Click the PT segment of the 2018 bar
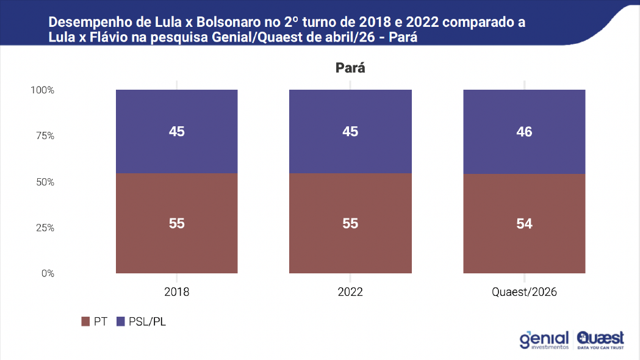[177, 223]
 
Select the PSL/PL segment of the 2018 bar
[177, 131]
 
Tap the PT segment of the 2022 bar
[350, 223]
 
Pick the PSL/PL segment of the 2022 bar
[350, 131]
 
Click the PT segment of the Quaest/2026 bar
[524, 224]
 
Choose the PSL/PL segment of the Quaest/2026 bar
[524, 132]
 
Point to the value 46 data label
[524, 132]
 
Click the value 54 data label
[524, 224]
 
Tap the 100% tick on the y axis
[43, 90]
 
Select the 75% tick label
[45, 136]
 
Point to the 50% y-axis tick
[45, 182]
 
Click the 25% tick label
[45, 228]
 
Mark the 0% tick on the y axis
[48, 273]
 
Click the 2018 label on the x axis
[177, 292]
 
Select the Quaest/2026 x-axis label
[524, 292]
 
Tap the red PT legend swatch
[85, 322]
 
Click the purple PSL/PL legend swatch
[120, 322]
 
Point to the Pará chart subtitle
[350, 68]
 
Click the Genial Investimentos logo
[544, 340]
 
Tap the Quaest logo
[600, 340]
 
